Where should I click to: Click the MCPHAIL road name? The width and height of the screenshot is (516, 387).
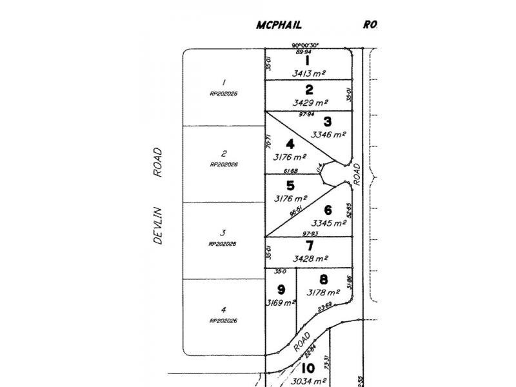coord(279,25)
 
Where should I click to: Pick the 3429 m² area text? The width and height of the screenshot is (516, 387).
coord(310,103)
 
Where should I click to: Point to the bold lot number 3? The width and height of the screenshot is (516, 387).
coord(328,121)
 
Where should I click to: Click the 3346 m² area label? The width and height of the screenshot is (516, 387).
coord(328,135)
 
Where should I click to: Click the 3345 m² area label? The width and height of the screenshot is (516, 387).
coord(329,223)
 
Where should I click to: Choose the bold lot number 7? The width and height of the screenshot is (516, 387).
coord(310,246)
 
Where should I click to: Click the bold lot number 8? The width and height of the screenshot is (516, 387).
coord(323,279)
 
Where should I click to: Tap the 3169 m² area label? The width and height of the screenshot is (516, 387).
coord(281,302)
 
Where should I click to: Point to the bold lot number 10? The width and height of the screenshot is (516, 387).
coord(307,368)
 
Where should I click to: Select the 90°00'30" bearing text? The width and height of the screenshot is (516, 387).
coord(305,45)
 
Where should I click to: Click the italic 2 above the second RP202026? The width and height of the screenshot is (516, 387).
coord(223,154)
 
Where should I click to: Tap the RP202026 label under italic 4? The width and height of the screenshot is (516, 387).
coord(224,321)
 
